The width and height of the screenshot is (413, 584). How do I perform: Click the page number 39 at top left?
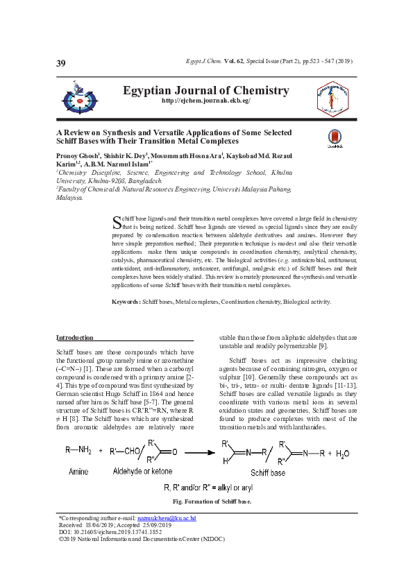(x=61, y=64)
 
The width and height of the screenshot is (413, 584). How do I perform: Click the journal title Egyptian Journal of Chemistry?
(x=205, y=91)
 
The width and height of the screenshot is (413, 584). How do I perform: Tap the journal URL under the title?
(x=205, y=101)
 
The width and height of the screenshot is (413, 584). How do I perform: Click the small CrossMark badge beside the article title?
(x=335, y=139)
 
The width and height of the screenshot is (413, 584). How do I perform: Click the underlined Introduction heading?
(x=74, y=338)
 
